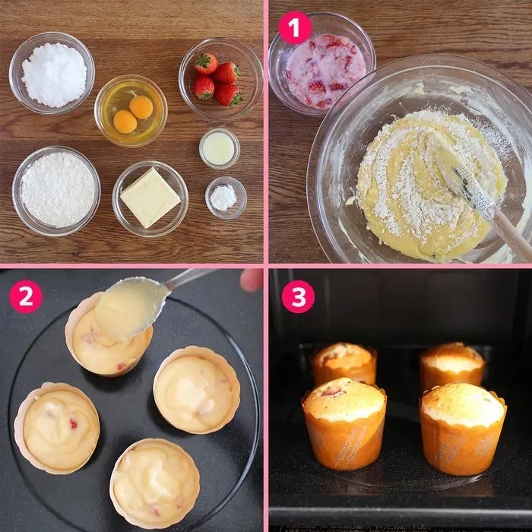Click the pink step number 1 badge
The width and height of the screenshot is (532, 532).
click(295, 27)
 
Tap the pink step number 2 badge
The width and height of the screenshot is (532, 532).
click(26, 296)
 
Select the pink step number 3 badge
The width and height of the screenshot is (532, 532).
click(298, 296)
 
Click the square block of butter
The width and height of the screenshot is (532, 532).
click(150, 198)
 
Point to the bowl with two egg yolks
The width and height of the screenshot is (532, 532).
click(131, 111)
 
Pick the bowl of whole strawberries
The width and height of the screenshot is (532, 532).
click(220, 79)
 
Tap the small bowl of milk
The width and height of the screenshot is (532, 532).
click(220, 149)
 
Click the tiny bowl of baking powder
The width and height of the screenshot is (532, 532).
click(226, 198)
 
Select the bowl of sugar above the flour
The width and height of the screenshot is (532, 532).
click(52, 73)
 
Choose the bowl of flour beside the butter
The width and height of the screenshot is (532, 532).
click(56, 191)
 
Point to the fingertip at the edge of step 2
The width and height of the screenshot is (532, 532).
click(252, 280)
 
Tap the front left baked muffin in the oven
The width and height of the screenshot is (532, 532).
click(344, 423)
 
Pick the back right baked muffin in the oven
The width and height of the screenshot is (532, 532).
click(452, 365)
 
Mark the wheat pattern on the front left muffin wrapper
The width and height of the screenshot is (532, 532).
click(351, 446)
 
